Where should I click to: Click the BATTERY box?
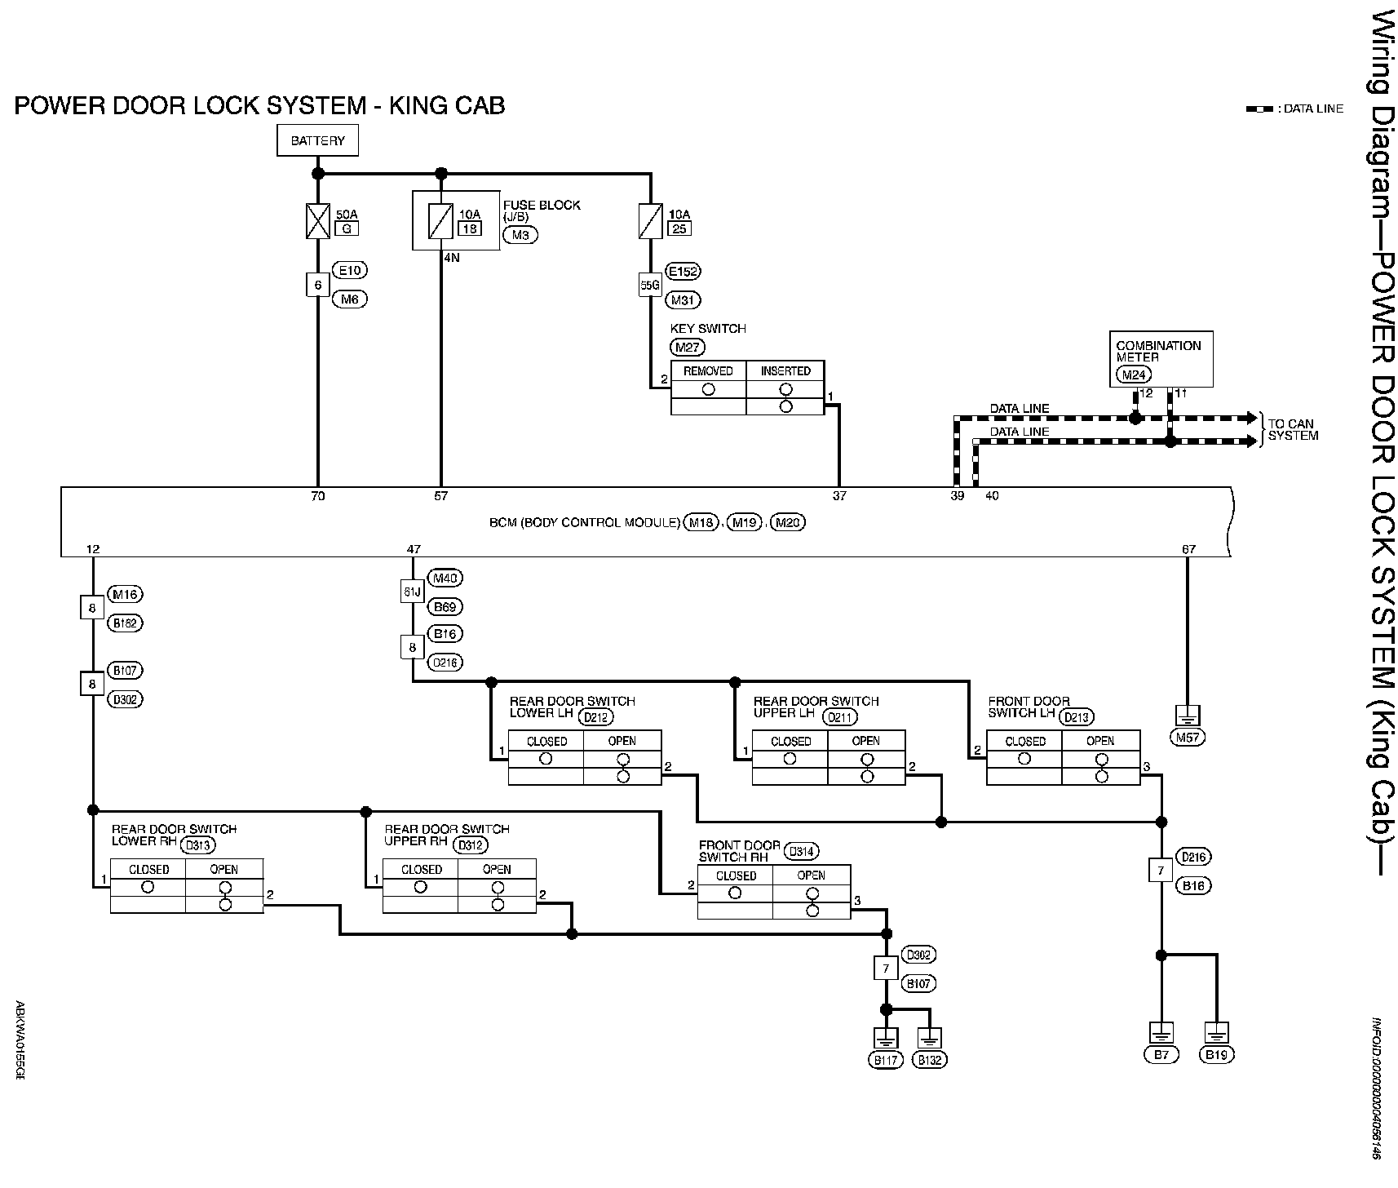[317, 140]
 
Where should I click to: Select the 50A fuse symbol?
[317, 221]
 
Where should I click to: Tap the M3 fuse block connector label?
[520, 235]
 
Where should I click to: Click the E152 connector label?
[684, 271]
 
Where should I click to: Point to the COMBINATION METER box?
[1160, 358]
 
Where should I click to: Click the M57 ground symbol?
[1188, 716]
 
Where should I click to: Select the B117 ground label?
[886, 1060]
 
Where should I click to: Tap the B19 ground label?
[1216, 1055]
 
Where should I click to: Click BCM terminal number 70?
[317, 496]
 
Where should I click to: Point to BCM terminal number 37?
[839, 496]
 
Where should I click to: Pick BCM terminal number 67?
[1188, 549]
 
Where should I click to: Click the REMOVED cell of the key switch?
[708, 370]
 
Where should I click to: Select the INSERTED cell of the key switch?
[785, 370]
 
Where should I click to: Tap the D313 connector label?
[199, 845]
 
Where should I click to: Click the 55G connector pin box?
[649, 286]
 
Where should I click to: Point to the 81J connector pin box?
[412, 592]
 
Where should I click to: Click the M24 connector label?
[1132, 375]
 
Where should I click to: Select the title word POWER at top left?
[66, 105]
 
